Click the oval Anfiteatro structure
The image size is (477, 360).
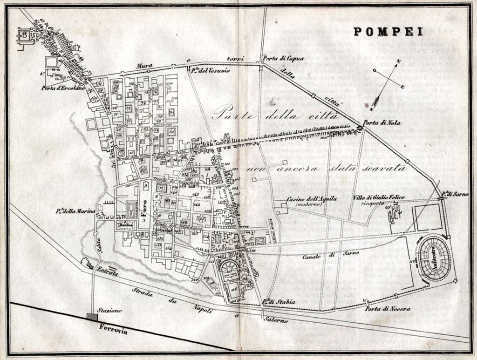tap(434, 259)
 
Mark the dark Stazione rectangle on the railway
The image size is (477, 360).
tap(92, 317)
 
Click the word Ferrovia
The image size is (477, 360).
tap(113, 328)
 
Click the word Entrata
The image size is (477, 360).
tap(108, 271)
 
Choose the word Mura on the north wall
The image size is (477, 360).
tap(144, 67)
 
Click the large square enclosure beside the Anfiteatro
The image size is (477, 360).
tap(428, 217)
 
